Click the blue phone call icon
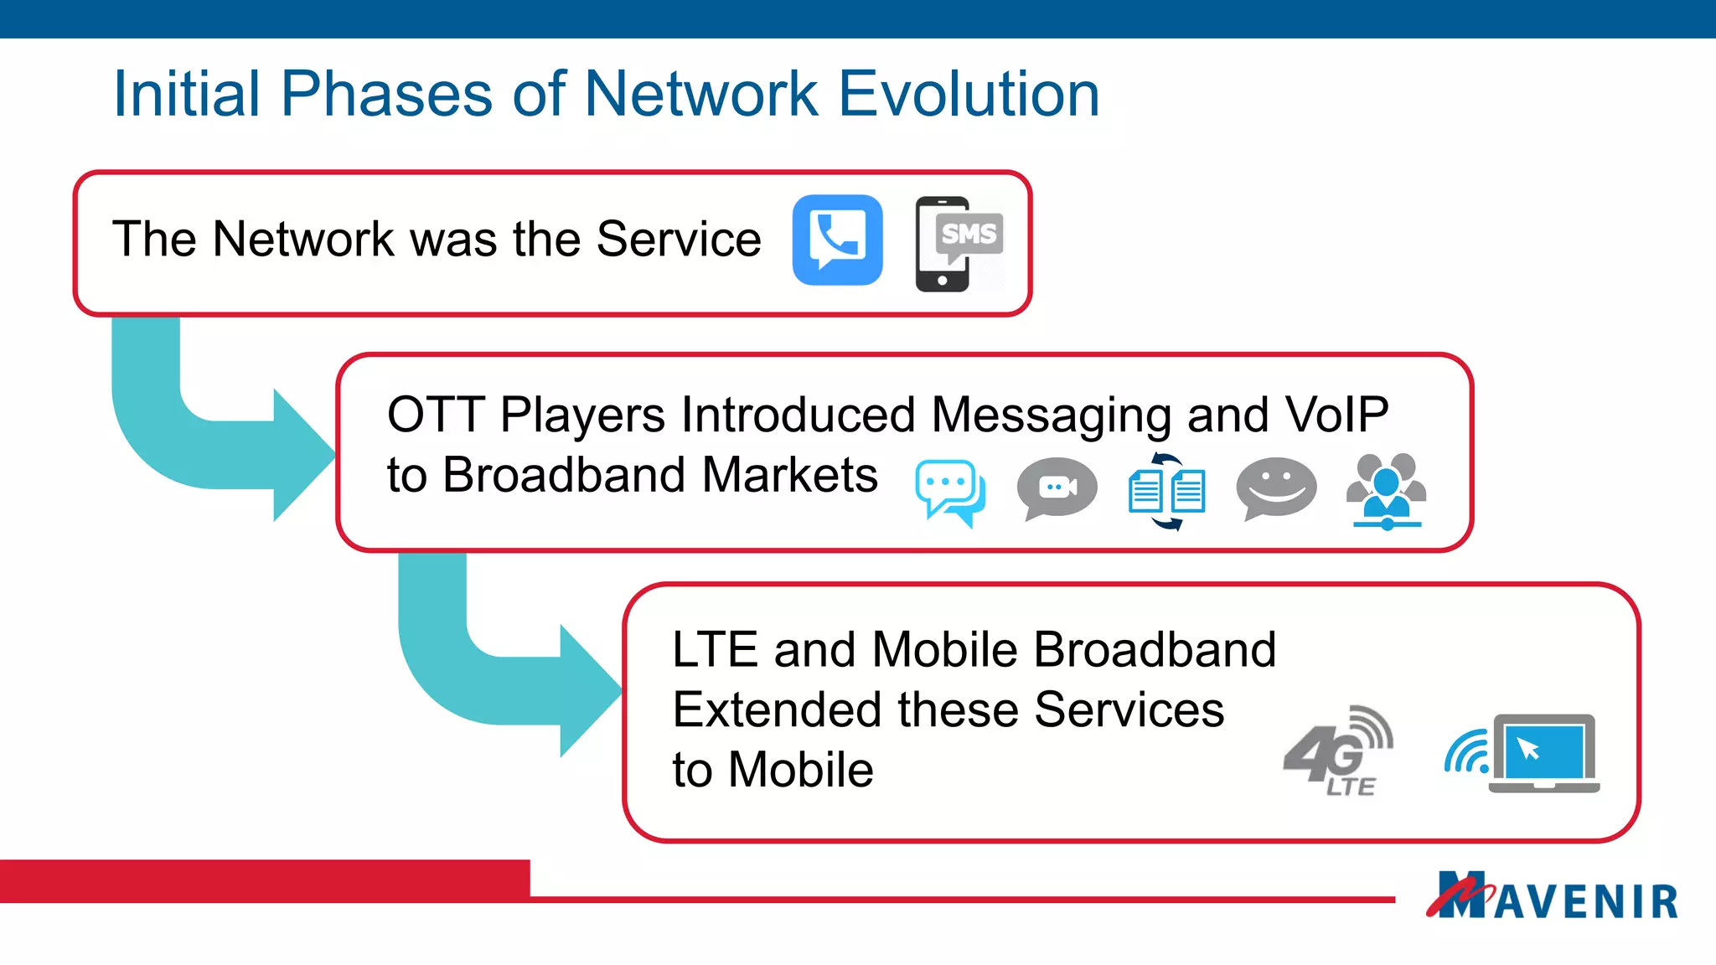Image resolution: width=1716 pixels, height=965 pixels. [x=837, y=240]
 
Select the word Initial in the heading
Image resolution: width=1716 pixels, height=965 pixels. [x=187, y=93]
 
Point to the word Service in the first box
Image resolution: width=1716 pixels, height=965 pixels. [x=678, y=239]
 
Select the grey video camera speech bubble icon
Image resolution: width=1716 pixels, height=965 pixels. [x=1057, y=488]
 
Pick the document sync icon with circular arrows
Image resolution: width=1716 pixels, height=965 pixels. [x=1167, y=491]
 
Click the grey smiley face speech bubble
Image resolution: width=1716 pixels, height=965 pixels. [x=1275, y=488]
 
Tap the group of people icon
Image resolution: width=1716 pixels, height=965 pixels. [x=1386, y=491]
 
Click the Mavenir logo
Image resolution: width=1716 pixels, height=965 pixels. [x=1552, y=896]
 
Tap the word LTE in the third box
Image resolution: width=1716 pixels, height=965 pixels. [x=714, y=650]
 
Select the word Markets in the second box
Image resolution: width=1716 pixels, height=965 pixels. [x=789, y=475]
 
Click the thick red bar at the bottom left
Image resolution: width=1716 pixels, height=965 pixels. [x=264, y=881]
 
